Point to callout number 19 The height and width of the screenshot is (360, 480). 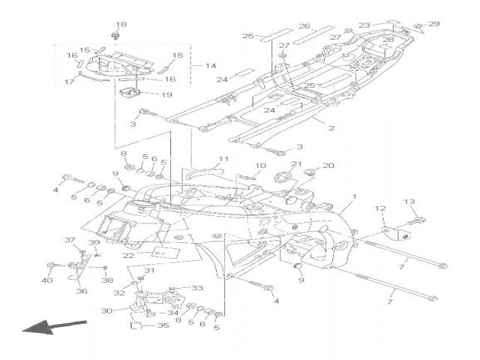click(166, 95)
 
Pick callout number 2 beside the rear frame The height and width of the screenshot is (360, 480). click(331, 129)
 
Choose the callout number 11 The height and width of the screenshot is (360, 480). click(222, 159)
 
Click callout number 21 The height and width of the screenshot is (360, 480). click(296, 164)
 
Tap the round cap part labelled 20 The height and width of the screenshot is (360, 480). click(307, 175)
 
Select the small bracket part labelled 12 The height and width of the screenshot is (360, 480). click(390, 232)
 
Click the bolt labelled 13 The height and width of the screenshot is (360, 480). click(415, 222)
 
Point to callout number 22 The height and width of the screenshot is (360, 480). click(129, 256)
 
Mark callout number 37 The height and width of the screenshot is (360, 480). click(69, 240)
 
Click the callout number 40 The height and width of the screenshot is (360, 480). click(48, 280)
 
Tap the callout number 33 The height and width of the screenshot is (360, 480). click(198, 287)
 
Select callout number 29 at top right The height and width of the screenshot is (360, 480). click(435, 25)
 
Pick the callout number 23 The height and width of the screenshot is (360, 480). click(365, 25)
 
